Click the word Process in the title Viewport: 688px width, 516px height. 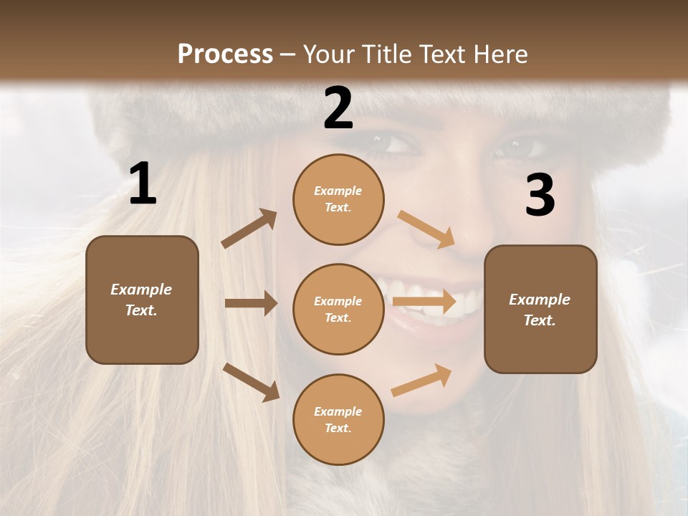pyautogui.click(x=225, y=54)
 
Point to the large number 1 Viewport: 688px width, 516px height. pyautogui.click(x=143, y=184)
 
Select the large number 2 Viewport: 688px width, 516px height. pyautogui.click(x=338, y=109)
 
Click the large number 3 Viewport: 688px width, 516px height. pyautogui.click(x=540, y=195)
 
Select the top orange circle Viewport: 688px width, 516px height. pyautogui.click(x=338, y=199)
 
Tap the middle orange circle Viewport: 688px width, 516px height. pyautogui.click(x=338, y=309)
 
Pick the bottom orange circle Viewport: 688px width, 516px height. pyautogui.click(x=338, y=419)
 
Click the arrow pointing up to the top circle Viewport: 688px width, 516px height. pyautogui.click(x=249, y=229)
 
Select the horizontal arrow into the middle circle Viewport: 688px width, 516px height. pyautogui.click(x=251, y=303)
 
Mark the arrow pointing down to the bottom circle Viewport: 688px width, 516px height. pyautogui.click(x=251, y=382)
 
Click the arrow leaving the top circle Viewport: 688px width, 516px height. pyautogui.click(x=426, y=229)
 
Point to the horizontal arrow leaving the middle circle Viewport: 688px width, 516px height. pyautogui.click(x=424, y=302)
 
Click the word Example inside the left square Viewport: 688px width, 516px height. pyautogui.click(x=141, y=290)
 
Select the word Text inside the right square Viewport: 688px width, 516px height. pyautogui.click(x=539, y=320)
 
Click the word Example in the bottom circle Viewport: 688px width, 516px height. pyautogui.click(x=338, y=411)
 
